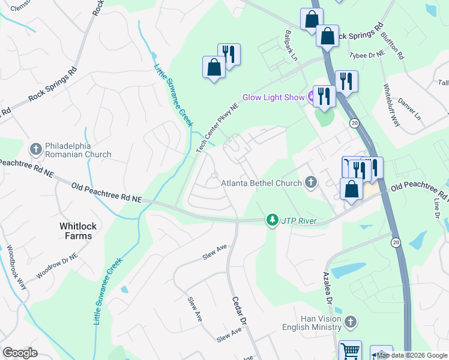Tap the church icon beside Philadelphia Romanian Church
(x=35, y=148)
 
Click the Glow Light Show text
(x=273, y=97)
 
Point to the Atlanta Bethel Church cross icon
(x=310, y=182)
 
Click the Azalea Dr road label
(x=328, y=289)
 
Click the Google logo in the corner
(x=20, y=352)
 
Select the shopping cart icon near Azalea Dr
(x=351, y=350)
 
